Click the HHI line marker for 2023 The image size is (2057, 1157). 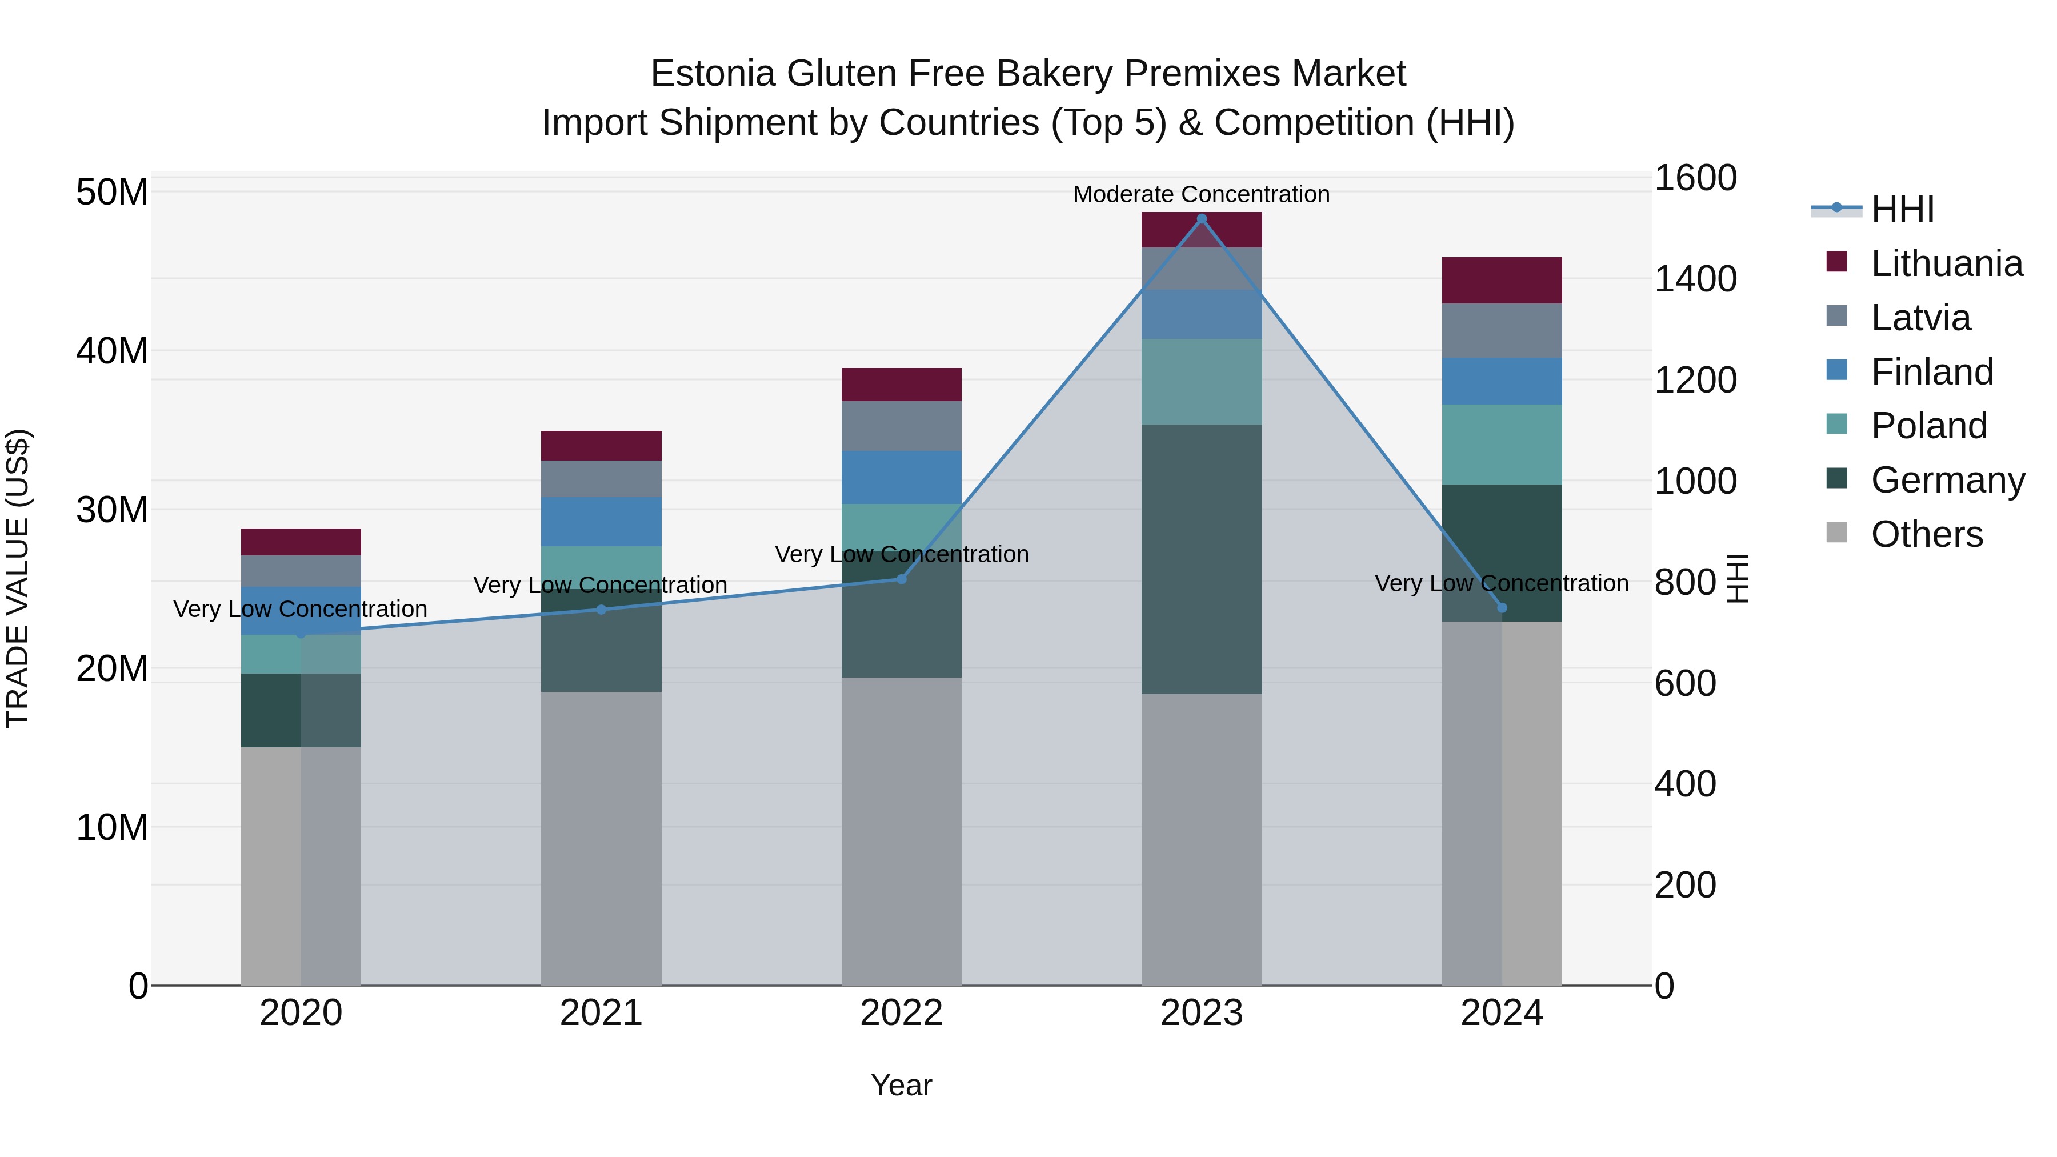pos(1201,219)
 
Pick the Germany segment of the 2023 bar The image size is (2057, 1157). pos(1201,559)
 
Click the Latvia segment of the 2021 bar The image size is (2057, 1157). pos(601,479)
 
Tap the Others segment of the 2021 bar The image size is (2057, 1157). pos(601,838)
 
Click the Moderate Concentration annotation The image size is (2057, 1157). pos(1201,194)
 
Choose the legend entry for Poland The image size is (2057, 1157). pos(1928,426)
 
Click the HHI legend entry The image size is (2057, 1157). pos(1902,209)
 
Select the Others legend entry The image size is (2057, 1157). pos(1926,534)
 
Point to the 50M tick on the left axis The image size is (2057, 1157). pos(112,193)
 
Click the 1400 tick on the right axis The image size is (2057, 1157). pos(1695,279)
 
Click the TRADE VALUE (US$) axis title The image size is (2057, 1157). pos(18,578)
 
